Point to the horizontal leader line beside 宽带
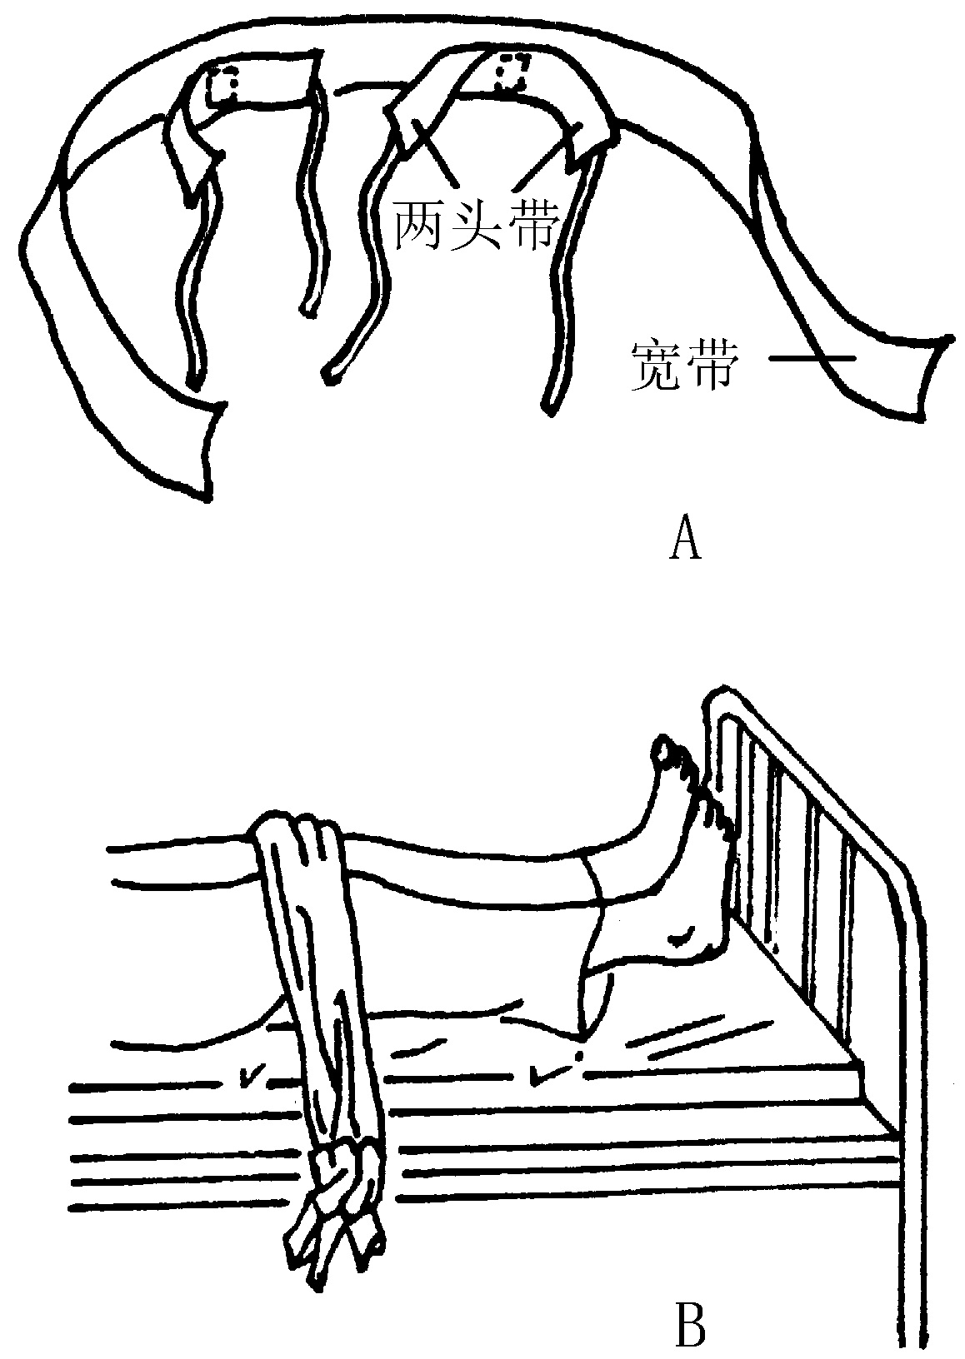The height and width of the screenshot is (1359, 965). pos(812,359)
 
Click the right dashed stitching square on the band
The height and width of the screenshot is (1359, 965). pos(511,73)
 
